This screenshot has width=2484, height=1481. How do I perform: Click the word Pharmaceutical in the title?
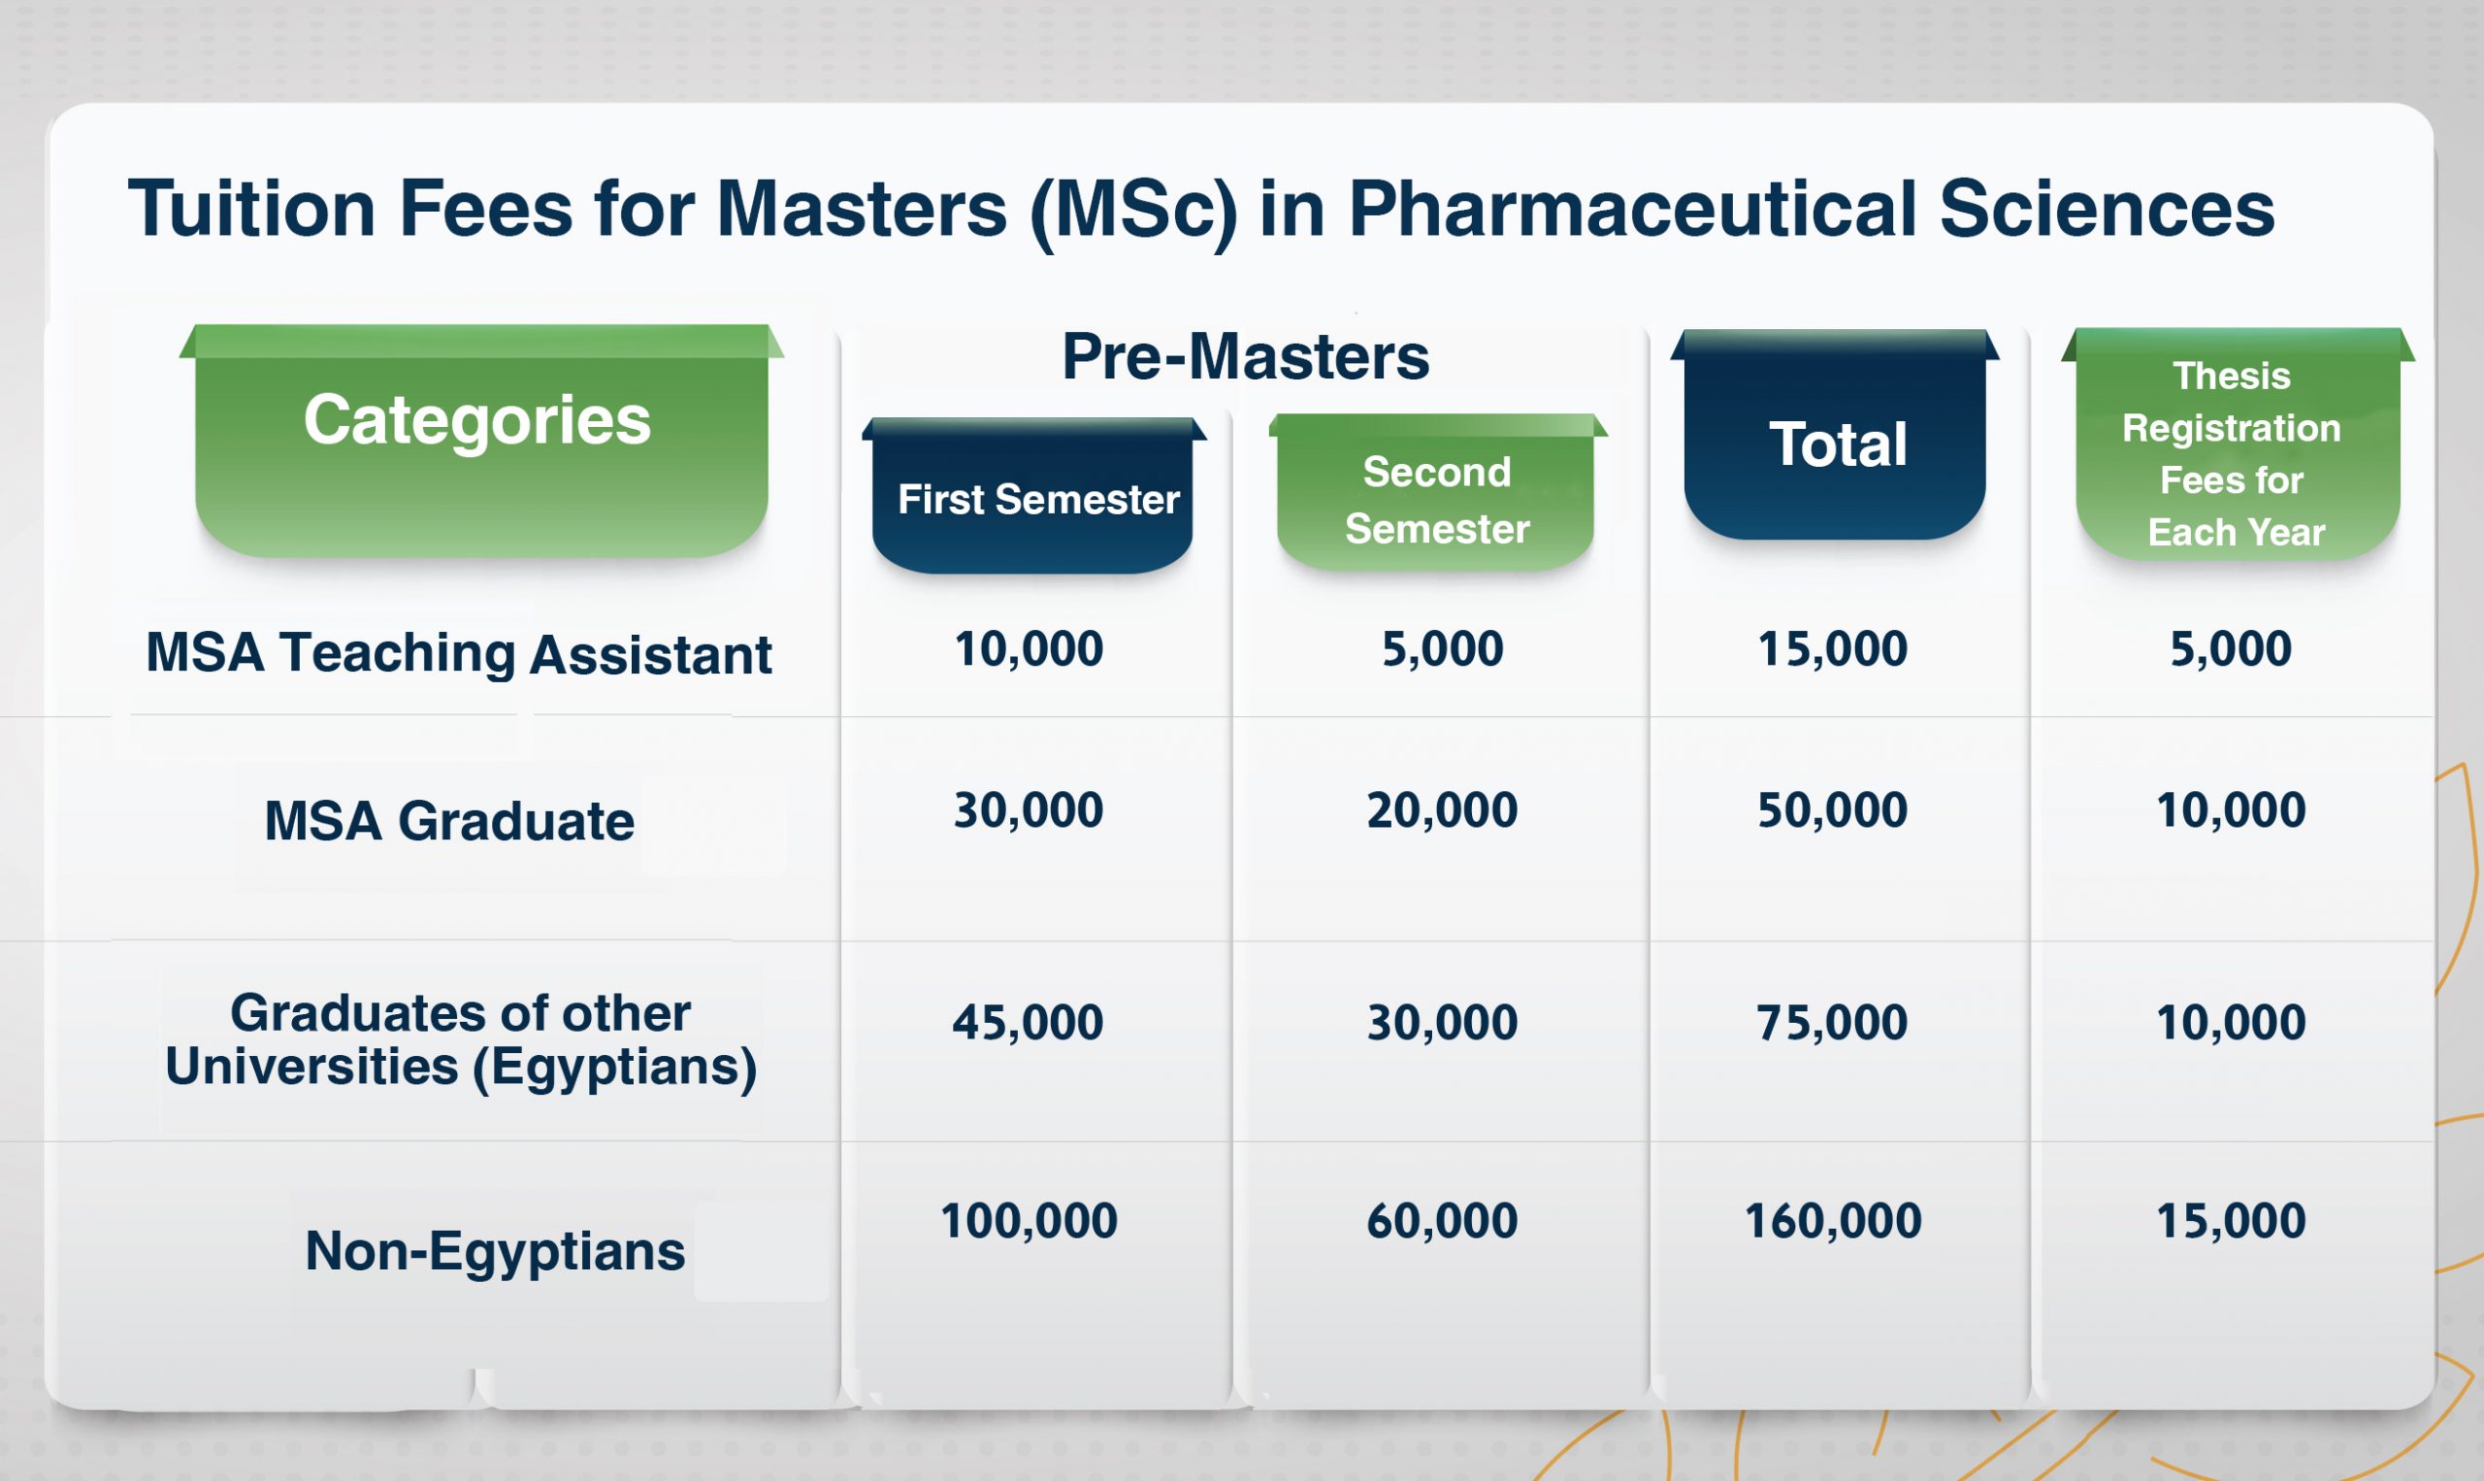(1632, 209)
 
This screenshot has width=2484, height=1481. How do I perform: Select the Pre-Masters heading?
(1245, 356)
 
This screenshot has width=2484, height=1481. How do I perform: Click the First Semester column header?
(1034, 495)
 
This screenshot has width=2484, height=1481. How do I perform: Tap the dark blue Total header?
(1835, 434)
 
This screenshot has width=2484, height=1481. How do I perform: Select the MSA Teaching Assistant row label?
(459, 654)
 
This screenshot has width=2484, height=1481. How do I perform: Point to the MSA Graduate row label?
(449, 820)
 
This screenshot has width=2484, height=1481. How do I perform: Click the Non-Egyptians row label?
(495, 1250)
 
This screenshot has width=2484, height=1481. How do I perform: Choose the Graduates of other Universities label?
(461, 1039)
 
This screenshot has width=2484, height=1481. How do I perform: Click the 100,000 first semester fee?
(1029, 1221)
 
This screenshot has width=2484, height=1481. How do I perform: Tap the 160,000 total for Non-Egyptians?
(1833, 1221)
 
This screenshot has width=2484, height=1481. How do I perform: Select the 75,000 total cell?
(1833, 1022)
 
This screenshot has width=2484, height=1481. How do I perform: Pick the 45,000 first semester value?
(1029, 1022)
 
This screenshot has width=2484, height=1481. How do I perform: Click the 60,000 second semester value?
(1443, 1221)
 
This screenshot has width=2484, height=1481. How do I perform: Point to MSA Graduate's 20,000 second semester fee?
(1443, 809)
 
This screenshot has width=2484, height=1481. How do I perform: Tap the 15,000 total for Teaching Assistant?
(1833, 648)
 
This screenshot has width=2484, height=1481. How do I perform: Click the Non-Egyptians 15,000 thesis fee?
(2231, 1221)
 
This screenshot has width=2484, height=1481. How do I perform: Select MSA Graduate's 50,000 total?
(1833, 809)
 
